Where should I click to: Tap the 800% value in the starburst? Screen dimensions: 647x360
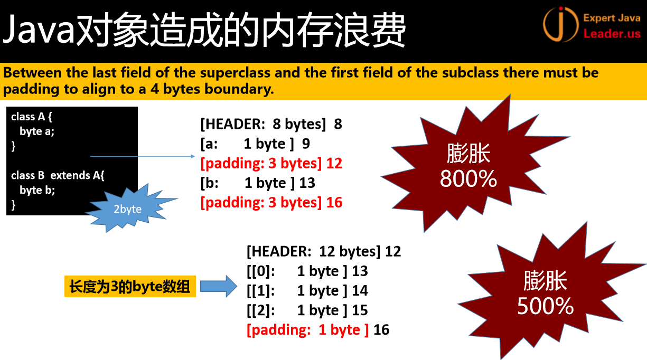[468, 179]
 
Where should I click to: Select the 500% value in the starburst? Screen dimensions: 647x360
[545, 306]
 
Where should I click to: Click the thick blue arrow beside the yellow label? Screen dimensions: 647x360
[219, 286]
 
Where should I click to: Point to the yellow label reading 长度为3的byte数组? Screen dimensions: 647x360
[130, 287]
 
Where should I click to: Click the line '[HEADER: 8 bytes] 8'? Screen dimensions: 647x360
[271, 124]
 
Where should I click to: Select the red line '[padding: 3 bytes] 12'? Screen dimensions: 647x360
[271, 164]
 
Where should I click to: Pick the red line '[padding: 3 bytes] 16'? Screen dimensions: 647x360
[271, 203]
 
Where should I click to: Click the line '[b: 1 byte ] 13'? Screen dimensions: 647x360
[258, 183]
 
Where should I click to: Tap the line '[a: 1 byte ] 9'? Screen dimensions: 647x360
[255, 144]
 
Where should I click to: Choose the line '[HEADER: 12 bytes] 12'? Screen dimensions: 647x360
[324, 251]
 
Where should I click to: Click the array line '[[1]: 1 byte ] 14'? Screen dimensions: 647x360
[307, 291]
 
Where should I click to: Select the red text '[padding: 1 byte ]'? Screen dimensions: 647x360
[307, 330]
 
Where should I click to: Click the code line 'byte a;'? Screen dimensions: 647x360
[36, 131]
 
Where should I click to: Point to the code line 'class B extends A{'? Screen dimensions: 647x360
[58, 176]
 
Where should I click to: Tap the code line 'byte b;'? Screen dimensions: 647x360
[37, 190]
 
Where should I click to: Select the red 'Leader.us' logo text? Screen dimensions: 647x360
[612, 34]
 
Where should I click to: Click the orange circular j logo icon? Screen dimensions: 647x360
[560, 24]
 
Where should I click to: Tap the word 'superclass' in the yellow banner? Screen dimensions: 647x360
[235, 73]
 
